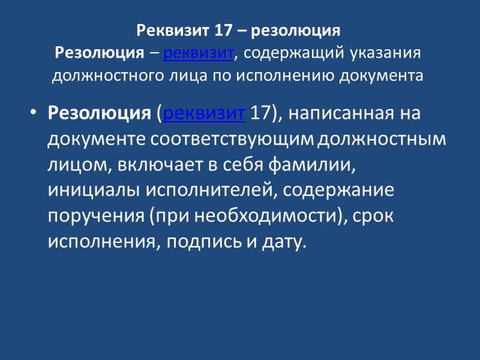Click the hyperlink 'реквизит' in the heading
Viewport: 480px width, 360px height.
point(197,53)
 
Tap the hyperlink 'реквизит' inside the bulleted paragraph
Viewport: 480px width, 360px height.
point(204,113)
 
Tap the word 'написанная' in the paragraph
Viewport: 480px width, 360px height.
point(326,113)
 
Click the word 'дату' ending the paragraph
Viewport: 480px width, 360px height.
point(280,242)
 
